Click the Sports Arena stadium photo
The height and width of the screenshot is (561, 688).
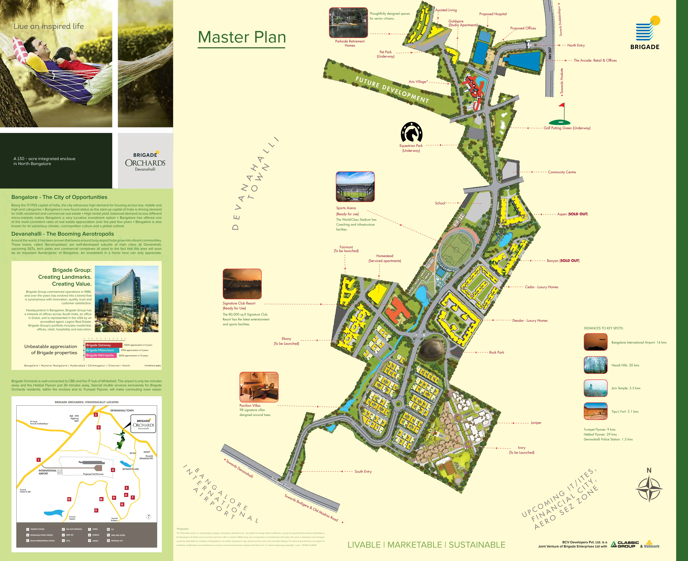pos(355,187)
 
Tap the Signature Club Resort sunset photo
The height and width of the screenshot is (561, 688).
pos(242,284)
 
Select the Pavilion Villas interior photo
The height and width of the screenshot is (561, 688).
pos(259,387)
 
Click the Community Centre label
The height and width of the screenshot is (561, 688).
pos(562,172)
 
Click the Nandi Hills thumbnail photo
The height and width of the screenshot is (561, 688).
pos(595,365)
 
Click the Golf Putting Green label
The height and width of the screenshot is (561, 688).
pos(567,128)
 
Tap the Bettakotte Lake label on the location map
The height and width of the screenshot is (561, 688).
pos(131,469)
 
